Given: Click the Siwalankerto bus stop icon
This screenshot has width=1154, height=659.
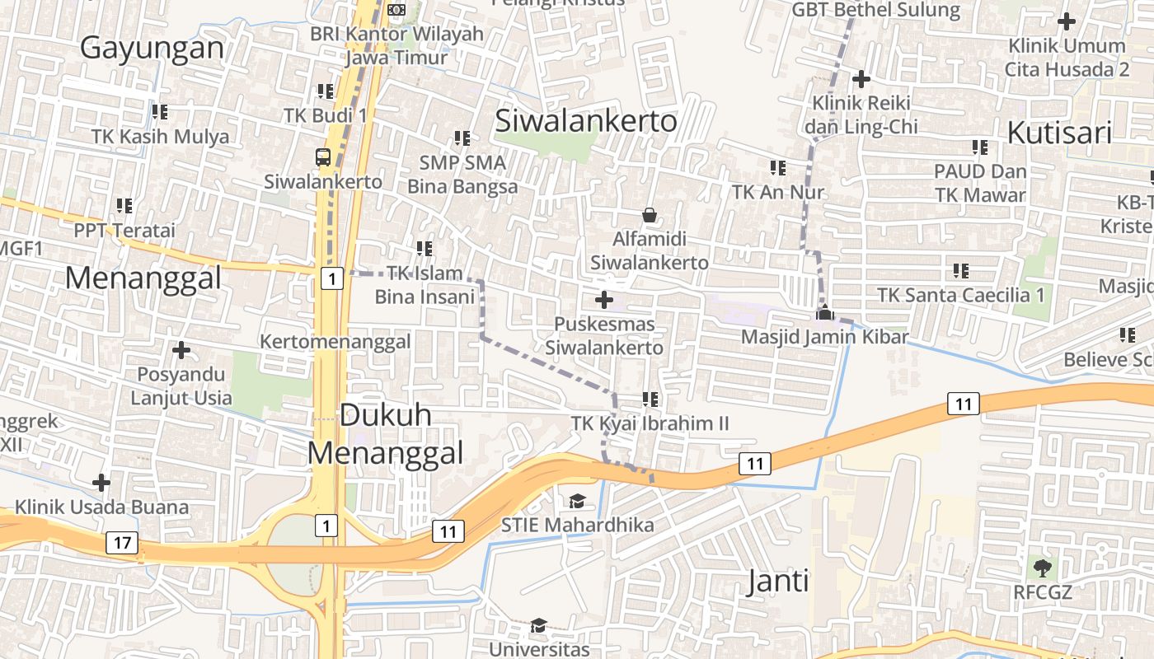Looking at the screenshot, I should coord(323,157).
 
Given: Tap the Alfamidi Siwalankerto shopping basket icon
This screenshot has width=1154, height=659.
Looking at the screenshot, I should coord(650,215).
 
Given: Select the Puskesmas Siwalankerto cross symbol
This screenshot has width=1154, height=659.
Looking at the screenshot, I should coord(604,300).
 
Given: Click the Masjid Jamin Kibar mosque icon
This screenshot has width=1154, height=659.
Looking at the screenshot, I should coord(824,313).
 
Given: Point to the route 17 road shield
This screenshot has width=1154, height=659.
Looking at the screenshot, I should coord(123,543).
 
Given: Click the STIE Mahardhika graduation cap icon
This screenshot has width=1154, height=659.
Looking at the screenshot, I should coord(577,501).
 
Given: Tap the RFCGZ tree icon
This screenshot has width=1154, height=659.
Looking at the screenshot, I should coord(1042,567).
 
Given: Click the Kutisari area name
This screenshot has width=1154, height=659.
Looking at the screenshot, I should coord(1059,133).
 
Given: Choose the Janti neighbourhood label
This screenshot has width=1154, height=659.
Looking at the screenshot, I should coord(777,582).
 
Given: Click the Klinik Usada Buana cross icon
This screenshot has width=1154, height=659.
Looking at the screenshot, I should coord(101,482).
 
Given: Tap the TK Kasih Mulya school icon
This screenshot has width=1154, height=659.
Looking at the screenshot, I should coord(159,111).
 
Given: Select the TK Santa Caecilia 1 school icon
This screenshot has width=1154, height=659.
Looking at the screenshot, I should coord(960,270).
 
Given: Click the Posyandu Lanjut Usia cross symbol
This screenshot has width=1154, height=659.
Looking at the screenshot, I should coord(181,350).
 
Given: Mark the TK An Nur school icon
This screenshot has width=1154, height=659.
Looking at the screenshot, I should coord(777,168).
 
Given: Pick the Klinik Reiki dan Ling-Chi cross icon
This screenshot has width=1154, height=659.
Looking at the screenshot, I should coord(861,79).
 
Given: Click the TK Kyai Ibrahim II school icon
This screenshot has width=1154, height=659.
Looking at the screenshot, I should coord(650,400).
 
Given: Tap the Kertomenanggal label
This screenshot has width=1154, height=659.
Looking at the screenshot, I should coord(335,341).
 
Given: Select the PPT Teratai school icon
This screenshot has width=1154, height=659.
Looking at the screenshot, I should coord(124,205).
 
